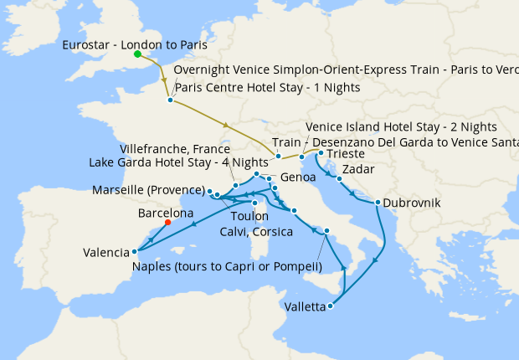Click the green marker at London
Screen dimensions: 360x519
tap(137, 55)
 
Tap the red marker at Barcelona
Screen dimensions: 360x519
tap(167, 223)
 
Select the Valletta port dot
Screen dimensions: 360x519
tap(331, 306)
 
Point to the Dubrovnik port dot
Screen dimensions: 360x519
tap(378, 203)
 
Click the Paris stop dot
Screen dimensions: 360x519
tap(170, 100)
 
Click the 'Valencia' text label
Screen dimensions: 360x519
tap(105, 252)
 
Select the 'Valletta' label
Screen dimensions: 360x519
tap(306, 307)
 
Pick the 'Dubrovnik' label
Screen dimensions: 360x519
tap(413, 203)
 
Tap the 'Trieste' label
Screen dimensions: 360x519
tap(346, 154)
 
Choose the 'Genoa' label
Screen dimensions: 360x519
tap(299, 178)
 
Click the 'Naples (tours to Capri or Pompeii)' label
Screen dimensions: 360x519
tap(227, 267)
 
